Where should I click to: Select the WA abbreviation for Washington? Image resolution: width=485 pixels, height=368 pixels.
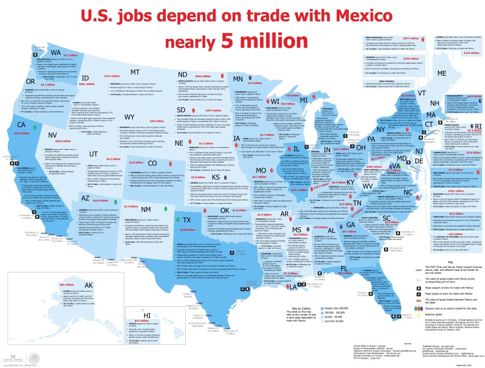coord(56,52)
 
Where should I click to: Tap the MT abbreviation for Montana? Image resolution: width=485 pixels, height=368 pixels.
coord(135,72)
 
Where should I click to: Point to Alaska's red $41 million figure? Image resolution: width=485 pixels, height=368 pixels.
coord(66,284)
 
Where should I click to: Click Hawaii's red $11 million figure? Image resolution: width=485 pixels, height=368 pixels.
coord(142,321)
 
